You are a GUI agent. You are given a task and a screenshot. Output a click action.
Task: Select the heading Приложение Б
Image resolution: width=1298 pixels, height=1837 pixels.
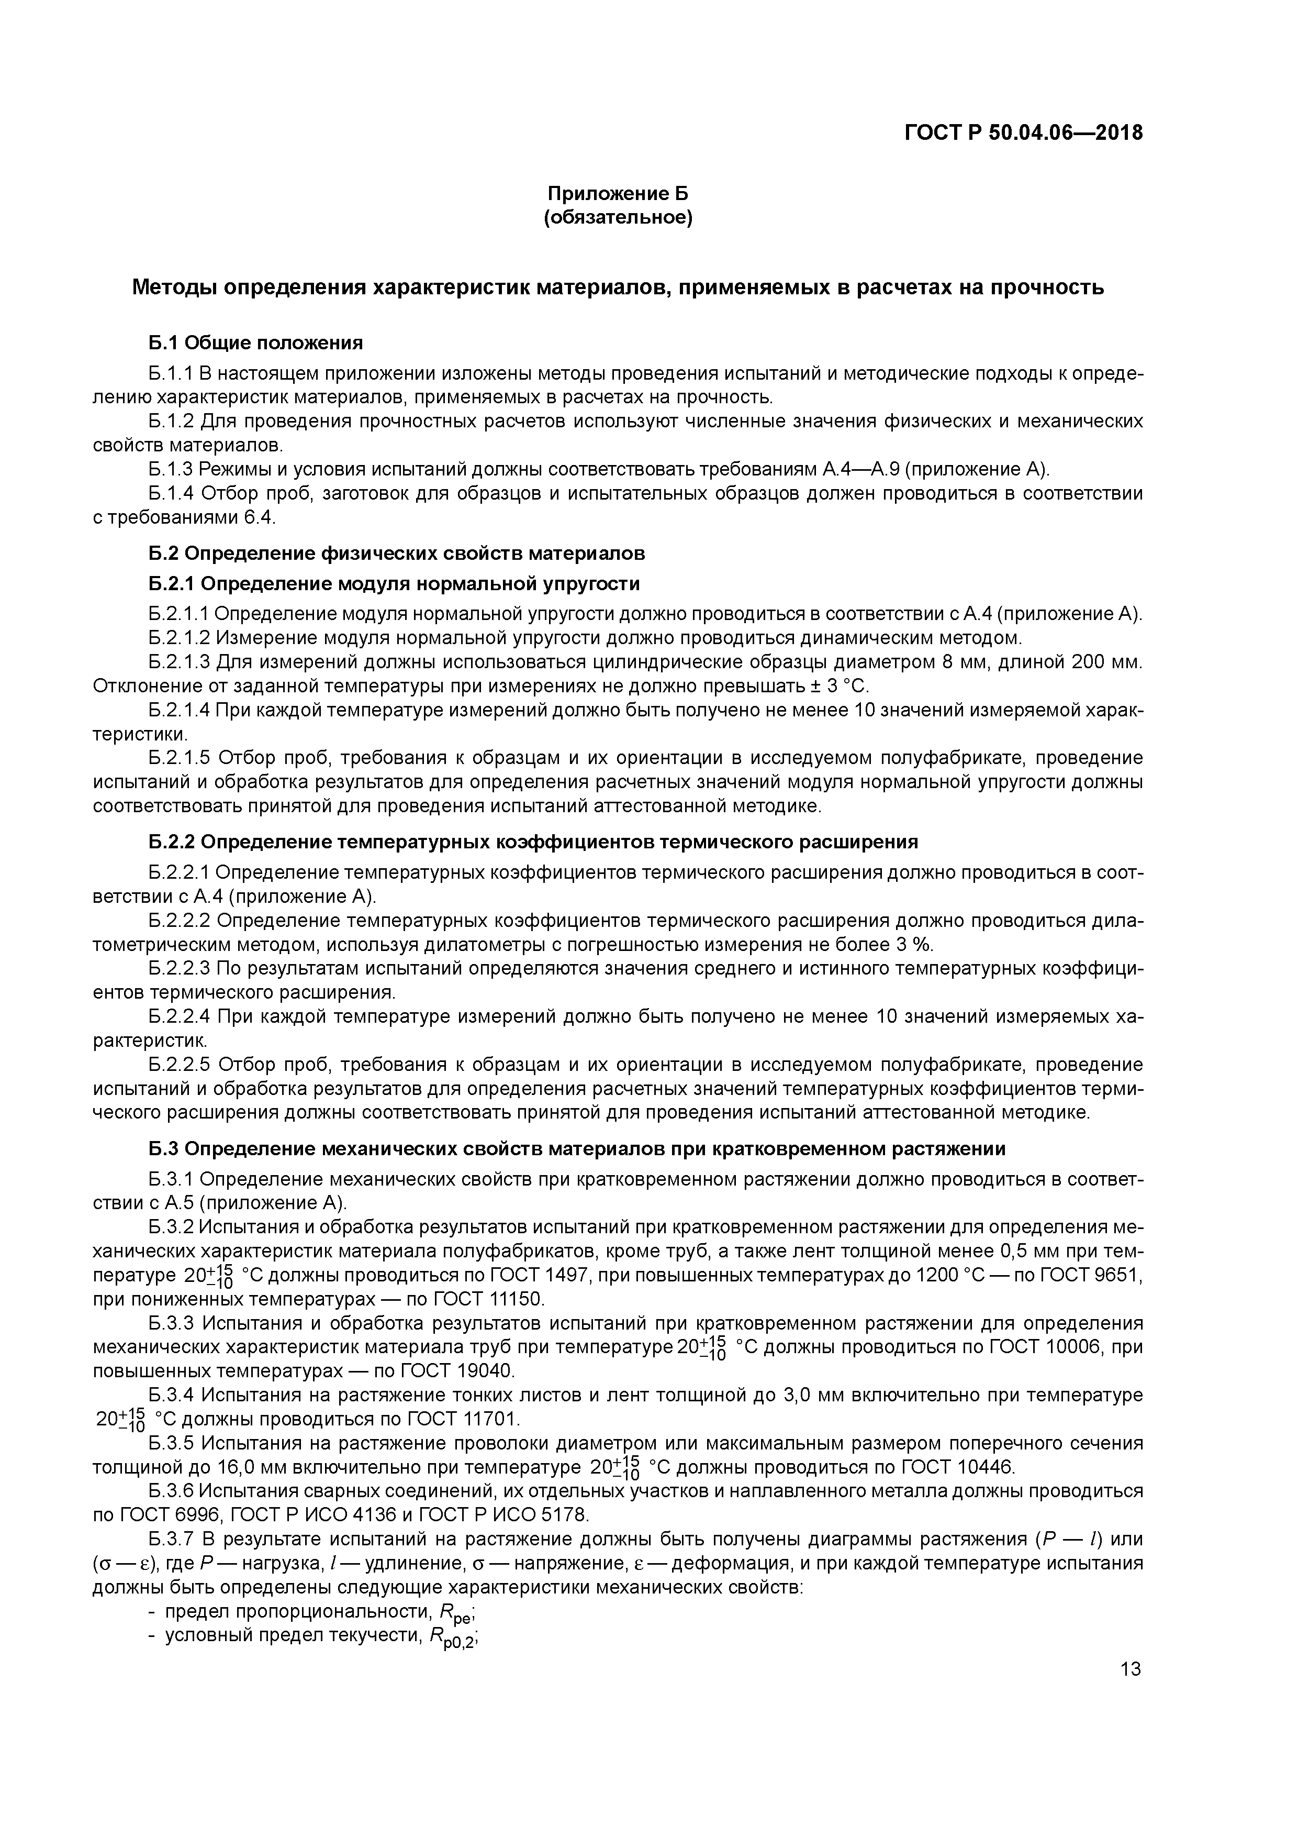click(x=618, y=194)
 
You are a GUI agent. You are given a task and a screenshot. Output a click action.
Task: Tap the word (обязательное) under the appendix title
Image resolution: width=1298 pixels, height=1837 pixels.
click(x=618, y=218)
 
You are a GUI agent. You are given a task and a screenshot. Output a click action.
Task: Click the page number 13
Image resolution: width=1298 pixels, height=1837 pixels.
click(x=1130, y=1669)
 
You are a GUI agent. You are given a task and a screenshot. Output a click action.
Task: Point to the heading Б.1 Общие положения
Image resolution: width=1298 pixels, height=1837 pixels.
click(x=255, y=343)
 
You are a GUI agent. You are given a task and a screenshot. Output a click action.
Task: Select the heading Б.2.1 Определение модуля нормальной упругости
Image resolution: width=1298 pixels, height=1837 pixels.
click(x=394, y=584)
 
